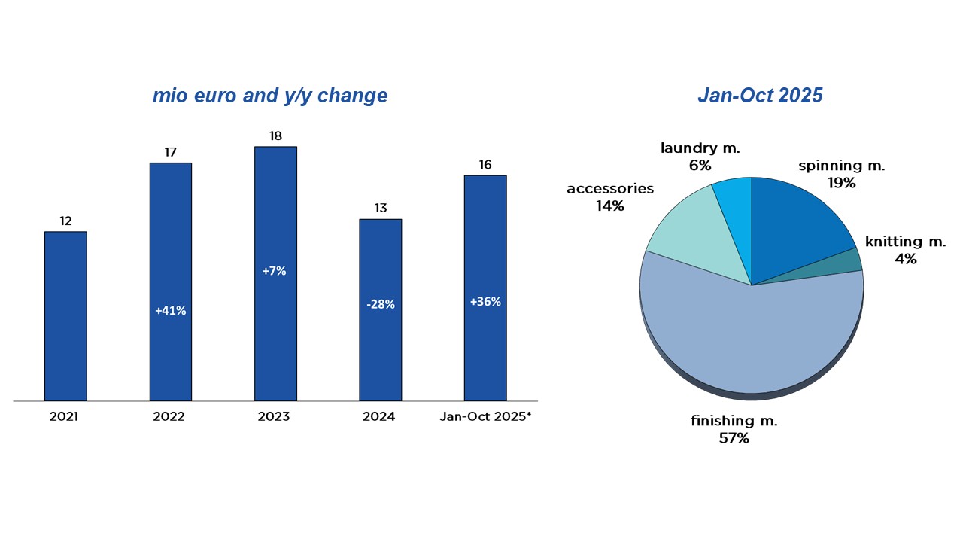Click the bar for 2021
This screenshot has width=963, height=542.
point(65,316)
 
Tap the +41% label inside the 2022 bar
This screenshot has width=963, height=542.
point(170,310)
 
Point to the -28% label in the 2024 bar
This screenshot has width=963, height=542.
point(380,304)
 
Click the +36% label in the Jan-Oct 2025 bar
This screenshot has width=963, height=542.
point(485,301)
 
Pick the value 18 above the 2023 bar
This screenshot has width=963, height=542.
point(275,135)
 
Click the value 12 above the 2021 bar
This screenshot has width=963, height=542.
point(65,221)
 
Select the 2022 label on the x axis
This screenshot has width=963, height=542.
point(169,416)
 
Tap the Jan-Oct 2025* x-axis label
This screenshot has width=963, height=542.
point(485,416)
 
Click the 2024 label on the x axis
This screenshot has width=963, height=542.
point(378,416)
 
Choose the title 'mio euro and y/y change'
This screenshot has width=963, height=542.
point(270,96)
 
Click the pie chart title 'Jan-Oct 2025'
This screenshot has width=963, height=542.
point(760,96)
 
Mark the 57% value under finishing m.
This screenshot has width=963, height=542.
point(734,437)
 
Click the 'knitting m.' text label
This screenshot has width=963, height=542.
point(905,242)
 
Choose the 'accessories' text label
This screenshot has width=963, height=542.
point(610,188)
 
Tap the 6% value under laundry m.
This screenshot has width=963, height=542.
point(700,165)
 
